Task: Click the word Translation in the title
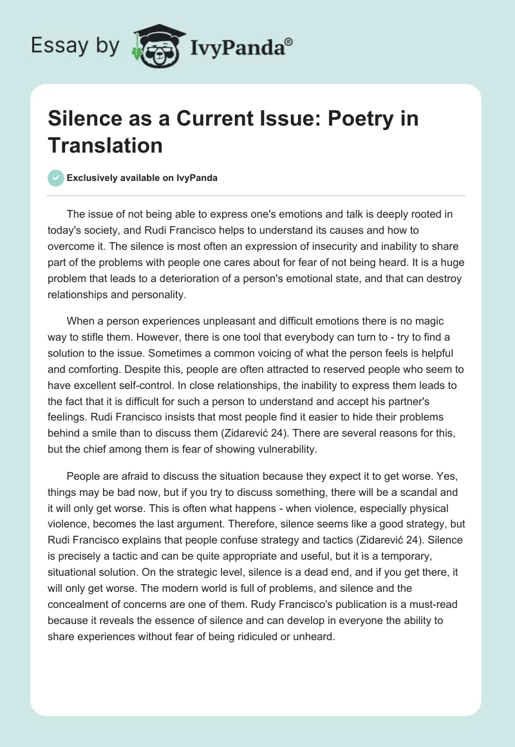(x=106, y=145)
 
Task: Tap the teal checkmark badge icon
(x=57, y=178)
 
